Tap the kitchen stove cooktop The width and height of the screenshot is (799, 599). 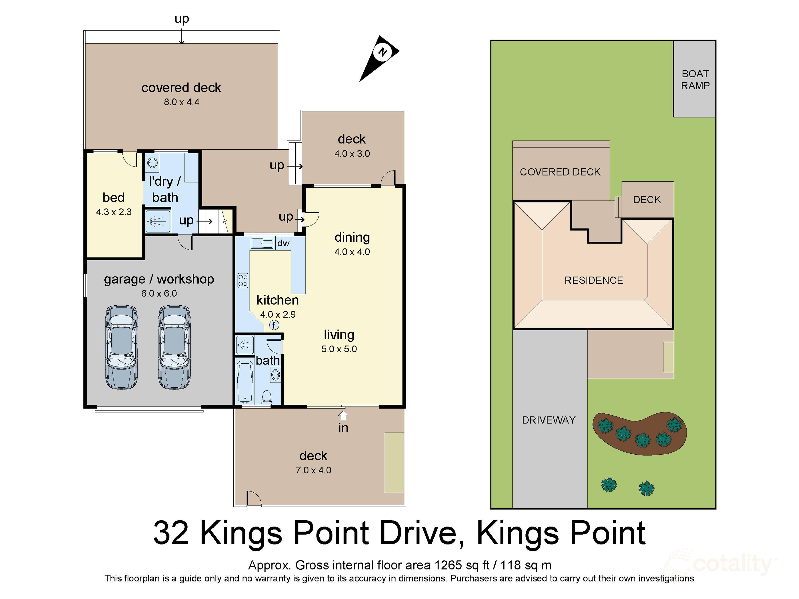point(243,280)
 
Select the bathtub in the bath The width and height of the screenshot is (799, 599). point(245,382)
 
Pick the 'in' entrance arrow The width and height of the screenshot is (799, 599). point(343,416)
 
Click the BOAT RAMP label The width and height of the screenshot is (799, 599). point(695,80)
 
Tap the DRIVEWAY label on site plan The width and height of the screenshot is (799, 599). point(548,420)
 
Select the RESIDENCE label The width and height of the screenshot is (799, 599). point(593,280)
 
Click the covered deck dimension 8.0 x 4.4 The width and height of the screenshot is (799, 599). point(181,102)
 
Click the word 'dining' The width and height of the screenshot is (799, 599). point(352,237)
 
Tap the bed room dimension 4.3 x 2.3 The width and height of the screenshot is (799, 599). point(114,212)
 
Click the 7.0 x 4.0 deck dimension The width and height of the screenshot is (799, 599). point(313,470)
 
